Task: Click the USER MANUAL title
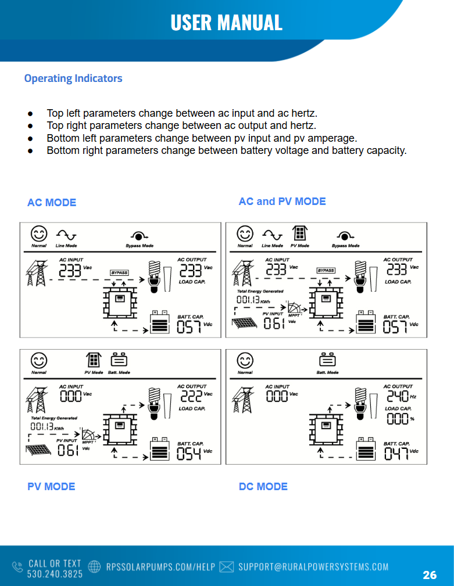[x=226, y=22]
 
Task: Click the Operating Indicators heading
[x=73, y=78]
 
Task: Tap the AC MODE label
[x=52, y=202]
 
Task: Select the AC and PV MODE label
[x=282, y=202]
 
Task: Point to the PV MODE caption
[x=51, y=486]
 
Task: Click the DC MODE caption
[x=263, y=486]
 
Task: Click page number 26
[x=430, y=575]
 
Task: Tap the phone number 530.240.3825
[x=55, y=574]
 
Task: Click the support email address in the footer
[x=313, y=567]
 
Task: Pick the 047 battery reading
[x=396, y=454]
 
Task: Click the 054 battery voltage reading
[x=189, y=454]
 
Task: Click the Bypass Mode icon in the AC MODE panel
[x=139, y=235]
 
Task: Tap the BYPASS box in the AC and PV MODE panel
[x=326, y=271]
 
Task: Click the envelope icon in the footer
[x=227, y=567]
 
